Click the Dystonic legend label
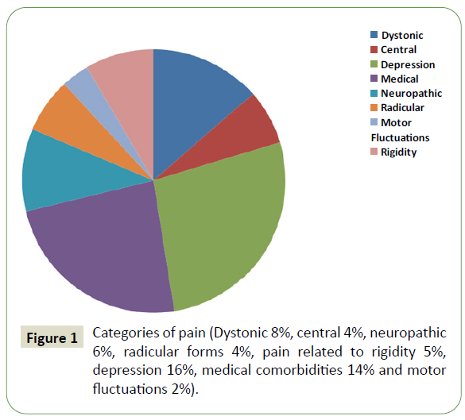[x=402, y=36]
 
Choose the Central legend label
[x=398, y=50]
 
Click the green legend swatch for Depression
[x=374, y=64]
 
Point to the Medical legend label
[x=400, y=79]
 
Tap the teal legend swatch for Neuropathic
[x=374, y=94]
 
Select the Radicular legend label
[x=402, y=108]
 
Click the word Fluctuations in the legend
[x=400, y=137]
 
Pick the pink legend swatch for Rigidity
[x=374, y=152]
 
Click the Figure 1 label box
[x=52, y=337]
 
